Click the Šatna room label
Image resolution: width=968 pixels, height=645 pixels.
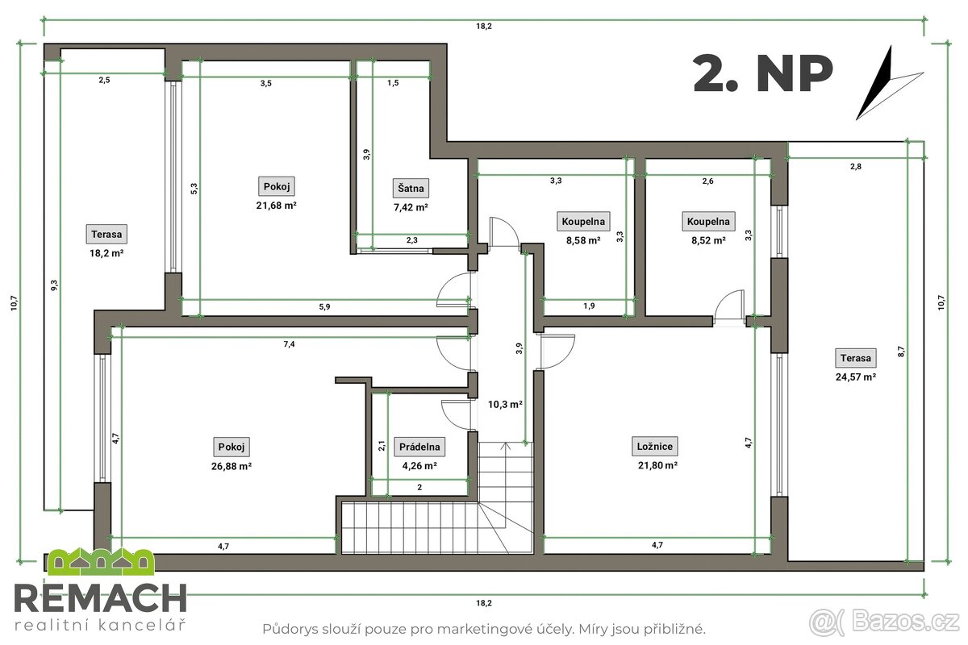coord(411,189)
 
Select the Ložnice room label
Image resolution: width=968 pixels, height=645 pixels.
coord(654,446)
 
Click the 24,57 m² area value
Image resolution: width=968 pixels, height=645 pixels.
coord(856,377)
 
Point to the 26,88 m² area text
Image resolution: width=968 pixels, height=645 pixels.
coord(232,465)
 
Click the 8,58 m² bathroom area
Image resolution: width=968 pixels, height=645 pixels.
coord(582,239)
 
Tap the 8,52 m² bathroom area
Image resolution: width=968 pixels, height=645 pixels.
coord(707,239)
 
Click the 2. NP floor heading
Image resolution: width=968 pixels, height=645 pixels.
coord(762,74)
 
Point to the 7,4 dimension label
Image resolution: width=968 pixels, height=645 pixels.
coord(290,344)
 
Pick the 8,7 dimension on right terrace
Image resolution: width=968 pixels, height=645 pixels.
coord(901,351)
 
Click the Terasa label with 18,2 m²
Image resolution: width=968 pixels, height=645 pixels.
coord(107,235)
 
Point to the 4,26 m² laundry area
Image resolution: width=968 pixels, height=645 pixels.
coord(419,465)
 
